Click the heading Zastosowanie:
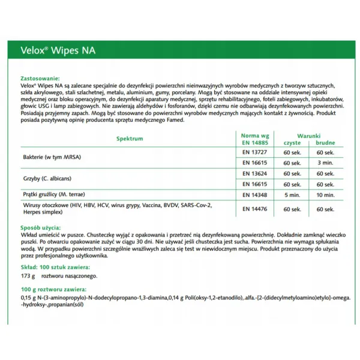pos(40,79)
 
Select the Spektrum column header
pos(130,139)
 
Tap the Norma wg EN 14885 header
pos(254,139)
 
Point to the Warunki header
pos(309,136)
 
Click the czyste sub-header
pos(292,143)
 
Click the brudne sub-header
pos(326,143)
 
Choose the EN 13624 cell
pos(254,173)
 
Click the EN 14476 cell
pos(254,209)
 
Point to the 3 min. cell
pos(326,163)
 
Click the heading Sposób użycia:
pos(41,229)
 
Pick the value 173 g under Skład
pos(28,276)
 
